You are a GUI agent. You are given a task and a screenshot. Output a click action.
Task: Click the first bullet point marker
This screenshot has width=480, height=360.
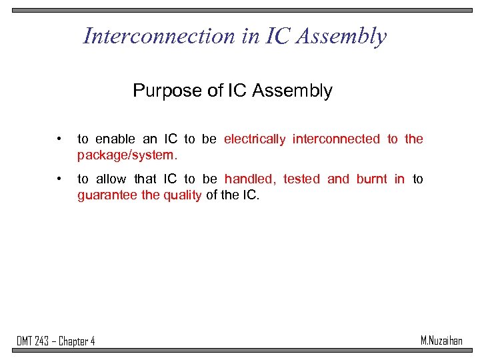point(60,139)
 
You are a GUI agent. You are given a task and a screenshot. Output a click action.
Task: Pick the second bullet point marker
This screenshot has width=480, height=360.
point(60,179)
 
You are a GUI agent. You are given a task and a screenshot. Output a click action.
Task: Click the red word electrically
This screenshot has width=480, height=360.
point(255,139)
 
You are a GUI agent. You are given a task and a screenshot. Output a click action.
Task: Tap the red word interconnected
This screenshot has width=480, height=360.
point(336,139)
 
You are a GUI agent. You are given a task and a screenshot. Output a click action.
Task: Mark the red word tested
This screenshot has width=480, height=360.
point(301,179)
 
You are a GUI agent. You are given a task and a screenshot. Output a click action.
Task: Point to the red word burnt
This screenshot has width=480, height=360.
point(371,179)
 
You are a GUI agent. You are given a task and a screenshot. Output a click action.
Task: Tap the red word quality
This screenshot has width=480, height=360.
point(182,195)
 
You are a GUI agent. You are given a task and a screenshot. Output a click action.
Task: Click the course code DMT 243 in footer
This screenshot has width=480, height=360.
point(34,341)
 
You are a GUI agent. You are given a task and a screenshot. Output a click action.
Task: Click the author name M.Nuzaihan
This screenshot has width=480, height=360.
point(441,341)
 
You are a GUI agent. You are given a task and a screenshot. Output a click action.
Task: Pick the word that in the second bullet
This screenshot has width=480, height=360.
point(145,179)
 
